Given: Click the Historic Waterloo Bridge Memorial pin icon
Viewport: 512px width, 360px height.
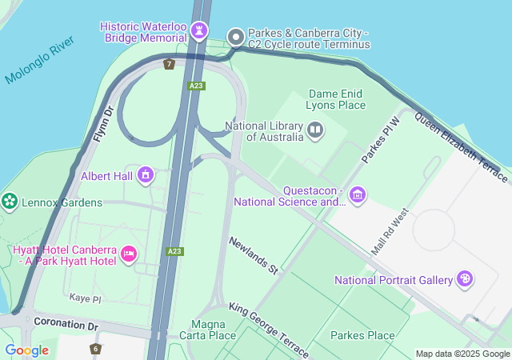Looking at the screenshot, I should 198,32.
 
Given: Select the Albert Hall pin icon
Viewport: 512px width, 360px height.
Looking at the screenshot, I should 146,174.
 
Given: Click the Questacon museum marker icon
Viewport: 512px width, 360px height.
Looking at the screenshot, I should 358,194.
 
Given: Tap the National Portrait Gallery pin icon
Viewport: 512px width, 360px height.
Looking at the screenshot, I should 465,279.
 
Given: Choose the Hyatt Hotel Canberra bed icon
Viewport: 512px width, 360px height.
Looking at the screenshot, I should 128,254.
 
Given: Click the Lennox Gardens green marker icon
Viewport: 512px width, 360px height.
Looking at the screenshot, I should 10,202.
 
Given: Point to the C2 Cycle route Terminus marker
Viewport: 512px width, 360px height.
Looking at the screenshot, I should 236,37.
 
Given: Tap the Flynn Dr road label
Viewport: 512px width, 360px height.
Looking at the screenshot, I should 104,124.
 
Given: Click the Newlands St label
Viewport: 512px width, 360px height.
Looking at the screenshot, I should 253,256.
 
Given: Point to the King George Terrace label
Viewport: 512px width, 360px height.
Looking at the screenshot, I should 268,329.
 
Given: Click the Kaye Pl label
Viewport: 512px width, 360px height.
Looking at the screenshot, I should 85,298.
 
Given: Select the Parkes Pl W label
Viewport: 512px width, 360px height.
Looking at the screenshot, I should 379,141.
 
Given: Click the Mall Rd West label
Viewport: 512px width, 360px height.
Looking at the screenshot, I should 390,232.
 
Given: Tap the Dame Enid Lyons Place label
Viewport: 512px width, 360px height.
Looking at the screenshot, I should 337,99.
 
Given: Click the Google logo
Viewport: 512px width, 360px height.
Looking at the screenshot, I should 26,350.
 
